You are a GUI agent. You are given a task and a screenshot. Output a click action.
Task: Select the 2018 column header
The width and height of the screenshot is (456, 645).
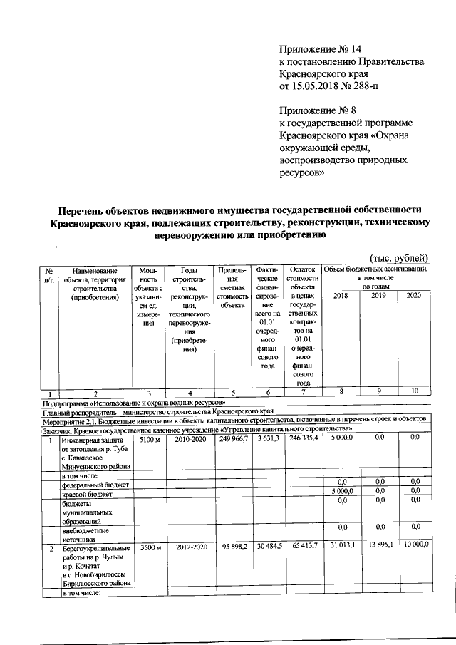(341, 295)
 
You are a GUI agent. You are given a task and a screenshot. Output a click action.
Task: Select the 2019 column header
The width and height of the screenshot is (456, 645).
(378, 295)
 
